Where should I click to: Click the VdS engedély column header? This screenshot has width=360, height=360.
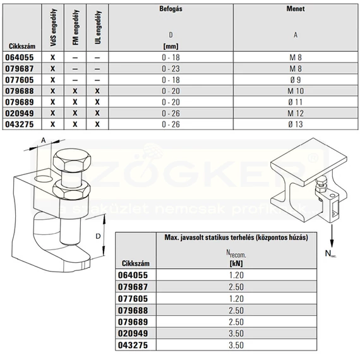pos(53,27)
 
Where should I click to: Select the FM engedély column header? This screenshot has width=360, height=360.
pos(76,27)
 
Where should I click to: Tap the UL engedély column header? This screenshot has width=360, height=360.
pos(98,27)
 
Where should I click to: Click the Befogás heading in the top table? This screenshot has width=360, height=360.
pos(171,9)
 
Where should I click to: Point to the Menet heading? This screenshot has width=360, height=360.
pos(296,9)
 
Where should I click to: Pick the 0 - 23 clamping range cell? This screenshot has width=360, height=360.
pos(171,69)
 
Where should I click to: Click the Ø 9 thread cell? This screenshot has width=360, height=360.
pos(296,80)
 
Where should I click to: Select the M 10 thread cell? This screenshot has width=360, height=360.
pos(296,91)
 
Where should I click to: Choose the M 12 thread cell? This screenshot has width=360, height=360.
pos(296,113)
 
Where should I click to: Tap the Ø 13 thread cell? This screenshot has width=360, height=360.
pos(296,124)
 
